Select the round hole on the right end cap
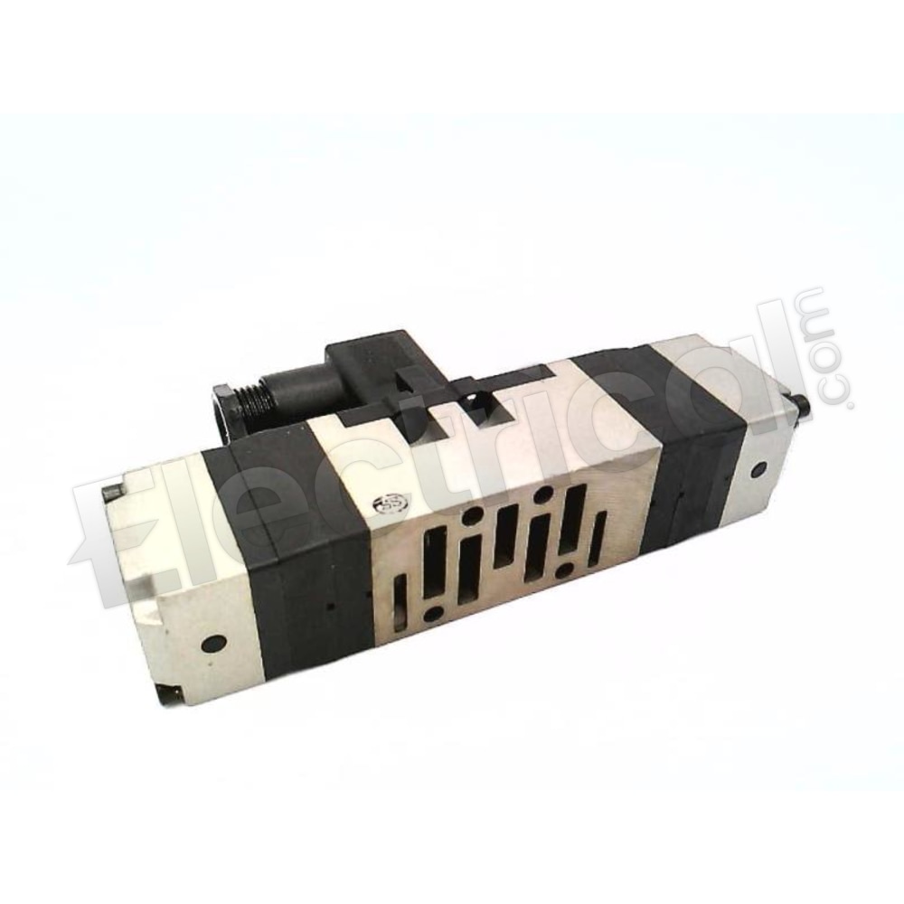point(758,467)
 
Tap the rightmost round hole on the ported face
point(565,571)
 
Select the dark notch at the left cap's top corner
point(111,493)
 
